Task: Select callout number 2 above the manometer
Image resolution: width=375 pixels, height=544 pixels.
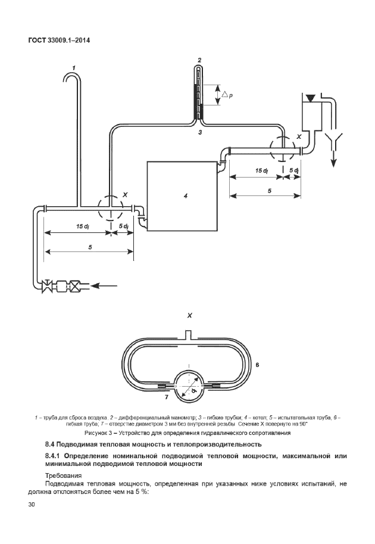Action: click(x=199, y=60)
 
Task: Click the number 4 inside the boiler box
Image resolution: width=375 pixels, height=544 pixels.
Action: click(x=186, y=195)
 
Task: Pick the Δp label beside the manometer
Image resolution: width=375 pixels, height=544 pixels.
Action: click(x=227, y=95)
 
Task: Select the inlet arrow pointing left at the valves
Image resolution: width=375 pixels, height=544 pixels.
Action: click(x=107, y=285)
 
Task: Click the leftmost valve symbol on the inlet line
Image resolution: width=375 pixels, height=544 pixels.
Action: click(x=46, y=285)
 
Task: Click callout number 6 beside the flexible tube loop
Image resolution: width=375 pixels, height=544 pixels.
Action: click(x=257, y=363)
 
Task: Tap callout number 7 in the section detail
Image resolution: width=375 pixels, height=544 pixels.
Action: click(x=167, y=396)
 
